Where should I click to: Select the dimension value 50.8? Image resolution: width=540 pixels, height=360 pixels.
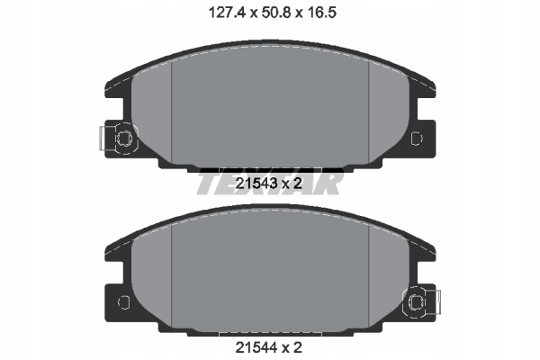(x=277, y=13)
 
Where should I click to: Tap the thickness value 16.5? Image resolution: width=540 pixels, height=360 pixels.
(x=323, y=13)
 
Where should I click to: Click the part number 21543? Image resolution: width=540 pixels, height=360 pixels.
(x=256, y=184)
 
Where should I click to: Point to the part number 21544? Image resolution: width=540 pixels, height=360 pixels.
(x=256, y=347)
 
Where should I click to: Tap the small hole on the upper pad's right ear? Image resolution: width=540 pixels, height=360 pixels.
(x=417, y=138)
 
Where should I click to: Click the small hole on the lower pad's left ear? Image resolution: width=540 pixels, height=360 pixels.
(x=123, y=302)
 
